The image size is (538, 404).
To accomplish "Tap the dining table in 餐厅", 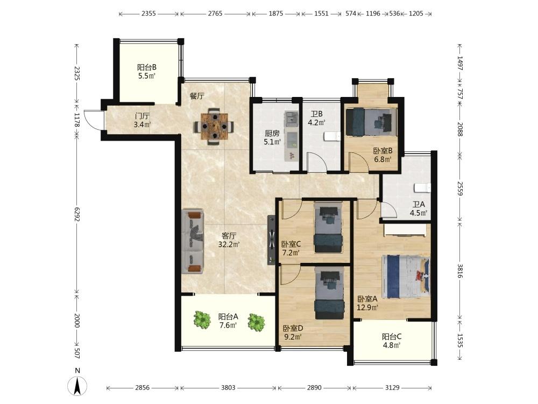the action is click(214, 126).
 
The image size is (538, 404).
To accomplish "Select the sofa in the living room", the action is click(193, 241).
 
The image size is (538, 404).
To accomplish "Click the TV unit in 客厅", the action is click(271, 240).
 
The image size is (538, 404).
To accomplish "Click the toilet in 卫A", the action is click(422, 188).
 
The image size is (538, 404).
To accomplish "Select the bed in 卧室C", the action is click(328, 228).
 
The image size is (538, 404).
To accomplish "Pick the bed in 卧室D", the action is click(329, 294).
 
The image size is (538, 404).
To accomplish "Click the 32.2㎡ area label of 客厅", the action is click(229, 245).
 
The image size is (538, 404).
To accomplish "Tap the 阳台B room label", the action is click(147, 67).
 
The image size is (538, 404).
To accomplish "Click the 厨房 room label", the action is click(272, 133).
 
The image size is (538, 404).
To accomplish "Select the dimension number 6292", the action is click(76, 214).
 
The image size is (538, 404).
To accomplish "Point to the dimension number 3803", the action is click(228, 388).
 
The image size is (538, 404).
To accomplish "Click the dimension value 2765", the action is click(215, 14).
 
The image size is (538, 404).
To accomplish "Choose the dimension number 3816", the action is click(460, 271).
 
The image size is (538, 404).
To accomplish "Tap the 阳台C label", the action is click(392, 337).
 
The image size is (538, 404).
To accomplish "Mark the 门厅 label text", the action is click(142, 116).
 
